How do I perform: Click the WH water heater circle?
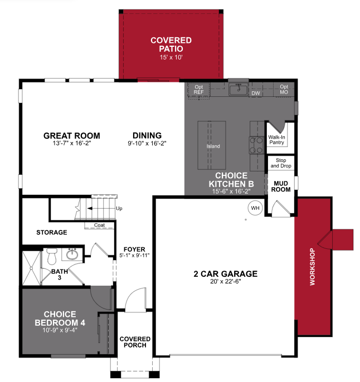pyautogui.click(x=255, y=208)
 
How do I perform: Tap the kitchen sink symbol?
pyautogui.click(x=239, y=89)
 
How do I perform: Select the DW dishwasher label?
pyautogui.click(x=256, y=94)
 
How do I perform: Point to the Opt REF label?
pyautogui.click(x=199, y=90)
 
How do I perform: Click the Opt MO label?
pyautogui.click(x=284, y=90)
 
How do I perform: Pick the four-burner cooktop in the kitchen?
pyautogui.click(x=256, y=145)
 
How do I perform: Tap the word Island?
pyautogui.click(x=213, y=146)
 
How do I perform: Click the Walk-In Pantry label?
pyautogui.click(x=277, y=139)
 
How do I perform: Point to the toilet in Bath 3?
pyautogui.click(x=52, y=256)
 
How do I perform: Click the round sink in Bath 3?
pyautogui.click(x=72, y=255)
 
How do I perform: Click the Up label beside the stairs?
pyautogui.click(x=119, y=209)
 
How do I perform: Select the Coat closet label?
pyautogui.click(x=99, y=225)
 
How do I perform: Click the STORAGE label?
pyautogui.click(x=51, y=232)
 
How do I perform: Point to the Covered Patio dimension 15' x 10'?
pyautogui.click(x=171, y=57)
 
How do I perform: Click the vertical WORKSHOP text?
pyautogui.click(x=312, y=267)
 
